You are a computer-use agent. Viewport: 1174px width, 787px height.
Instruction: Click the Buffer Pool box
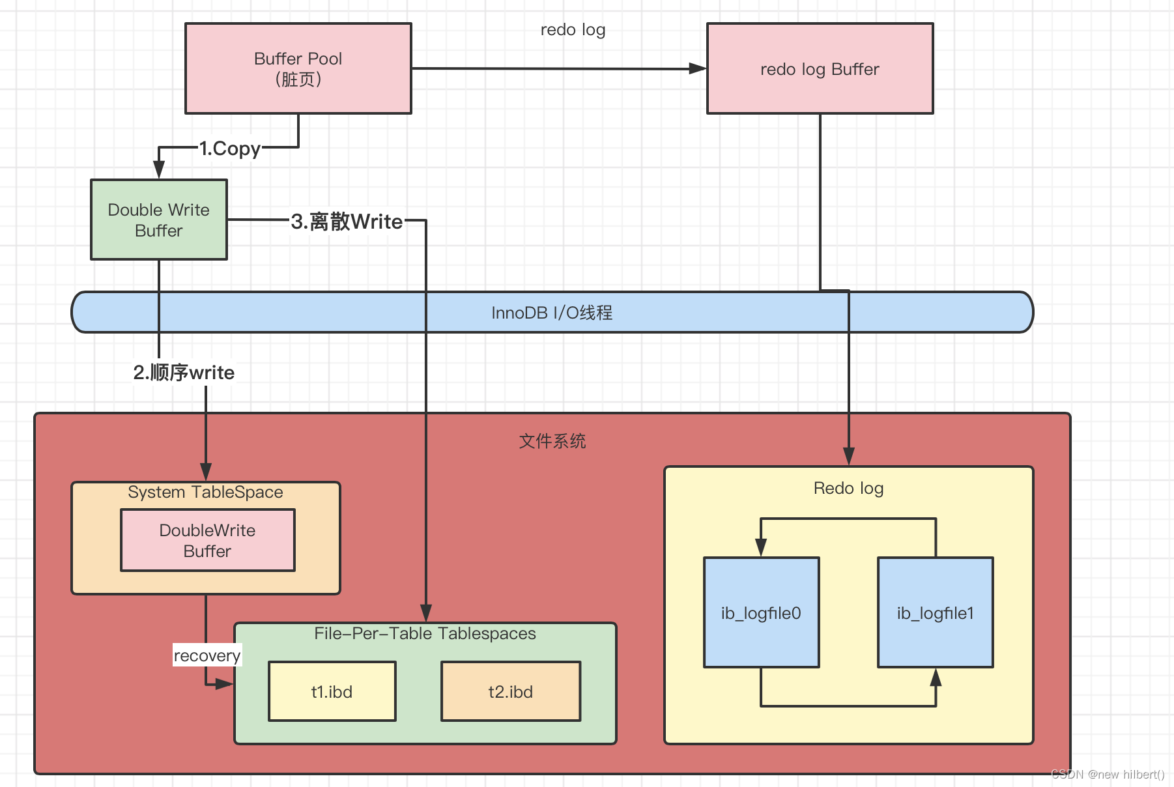coord(298,68)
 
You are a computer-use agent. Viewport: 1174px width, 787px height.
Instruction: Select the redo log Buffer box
coord(820,69)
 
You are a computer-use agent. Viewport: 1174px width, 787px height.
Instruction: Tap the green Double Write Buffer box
coord(159,220)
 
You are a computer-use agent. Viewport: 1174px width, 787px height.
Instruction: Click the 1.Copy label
coord(229,149)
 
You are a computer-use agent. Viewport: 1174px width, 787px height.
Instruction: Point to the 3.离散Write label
coord(347,222)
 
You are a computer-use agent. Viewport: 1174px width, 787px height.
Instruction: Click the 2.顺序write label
coord(184,373)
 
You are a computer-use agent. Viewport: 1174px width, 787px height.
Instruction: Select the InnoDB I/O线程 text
coord(552,313)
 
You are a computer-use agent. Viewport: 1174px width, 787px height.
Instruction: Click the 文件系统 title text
coord(552,441)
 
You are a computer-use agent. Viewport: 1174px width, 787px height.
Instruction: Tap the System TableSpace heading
coord(205,493)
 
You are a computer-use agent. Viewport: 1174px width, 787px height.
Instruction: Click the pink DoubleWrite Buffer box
coord(207,540)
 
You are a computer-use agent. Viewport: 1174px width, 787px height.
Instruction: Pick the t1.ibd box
coord(332,691)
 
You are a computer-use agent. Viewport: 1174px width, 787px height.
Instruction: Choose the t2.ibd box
coord(510,691)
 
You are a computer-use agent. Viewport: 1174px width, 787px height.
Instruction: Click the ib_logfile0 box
coord(761,612)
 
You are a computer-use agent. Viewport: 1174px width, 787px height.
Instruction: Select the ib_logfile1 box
coord(935,612)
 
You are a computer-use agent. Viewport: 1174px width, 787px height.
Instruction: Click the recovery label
coord(207,655)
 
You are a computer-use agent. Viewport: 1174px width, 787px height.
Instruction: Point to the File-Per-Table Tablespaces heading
coord(425,634)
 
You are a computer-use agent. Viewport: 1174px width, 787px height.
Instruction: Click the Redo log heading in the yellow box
coord(848,489)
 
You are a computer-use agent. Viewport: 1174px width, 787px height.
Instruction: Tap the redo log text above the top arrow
coord(573,30)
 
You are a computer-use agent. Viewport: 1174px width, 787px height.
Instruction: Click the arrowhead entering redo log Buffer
coord(698,68)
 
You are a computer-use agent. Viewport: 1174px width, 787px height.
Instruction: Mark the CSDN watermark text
coord(1108,774)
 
